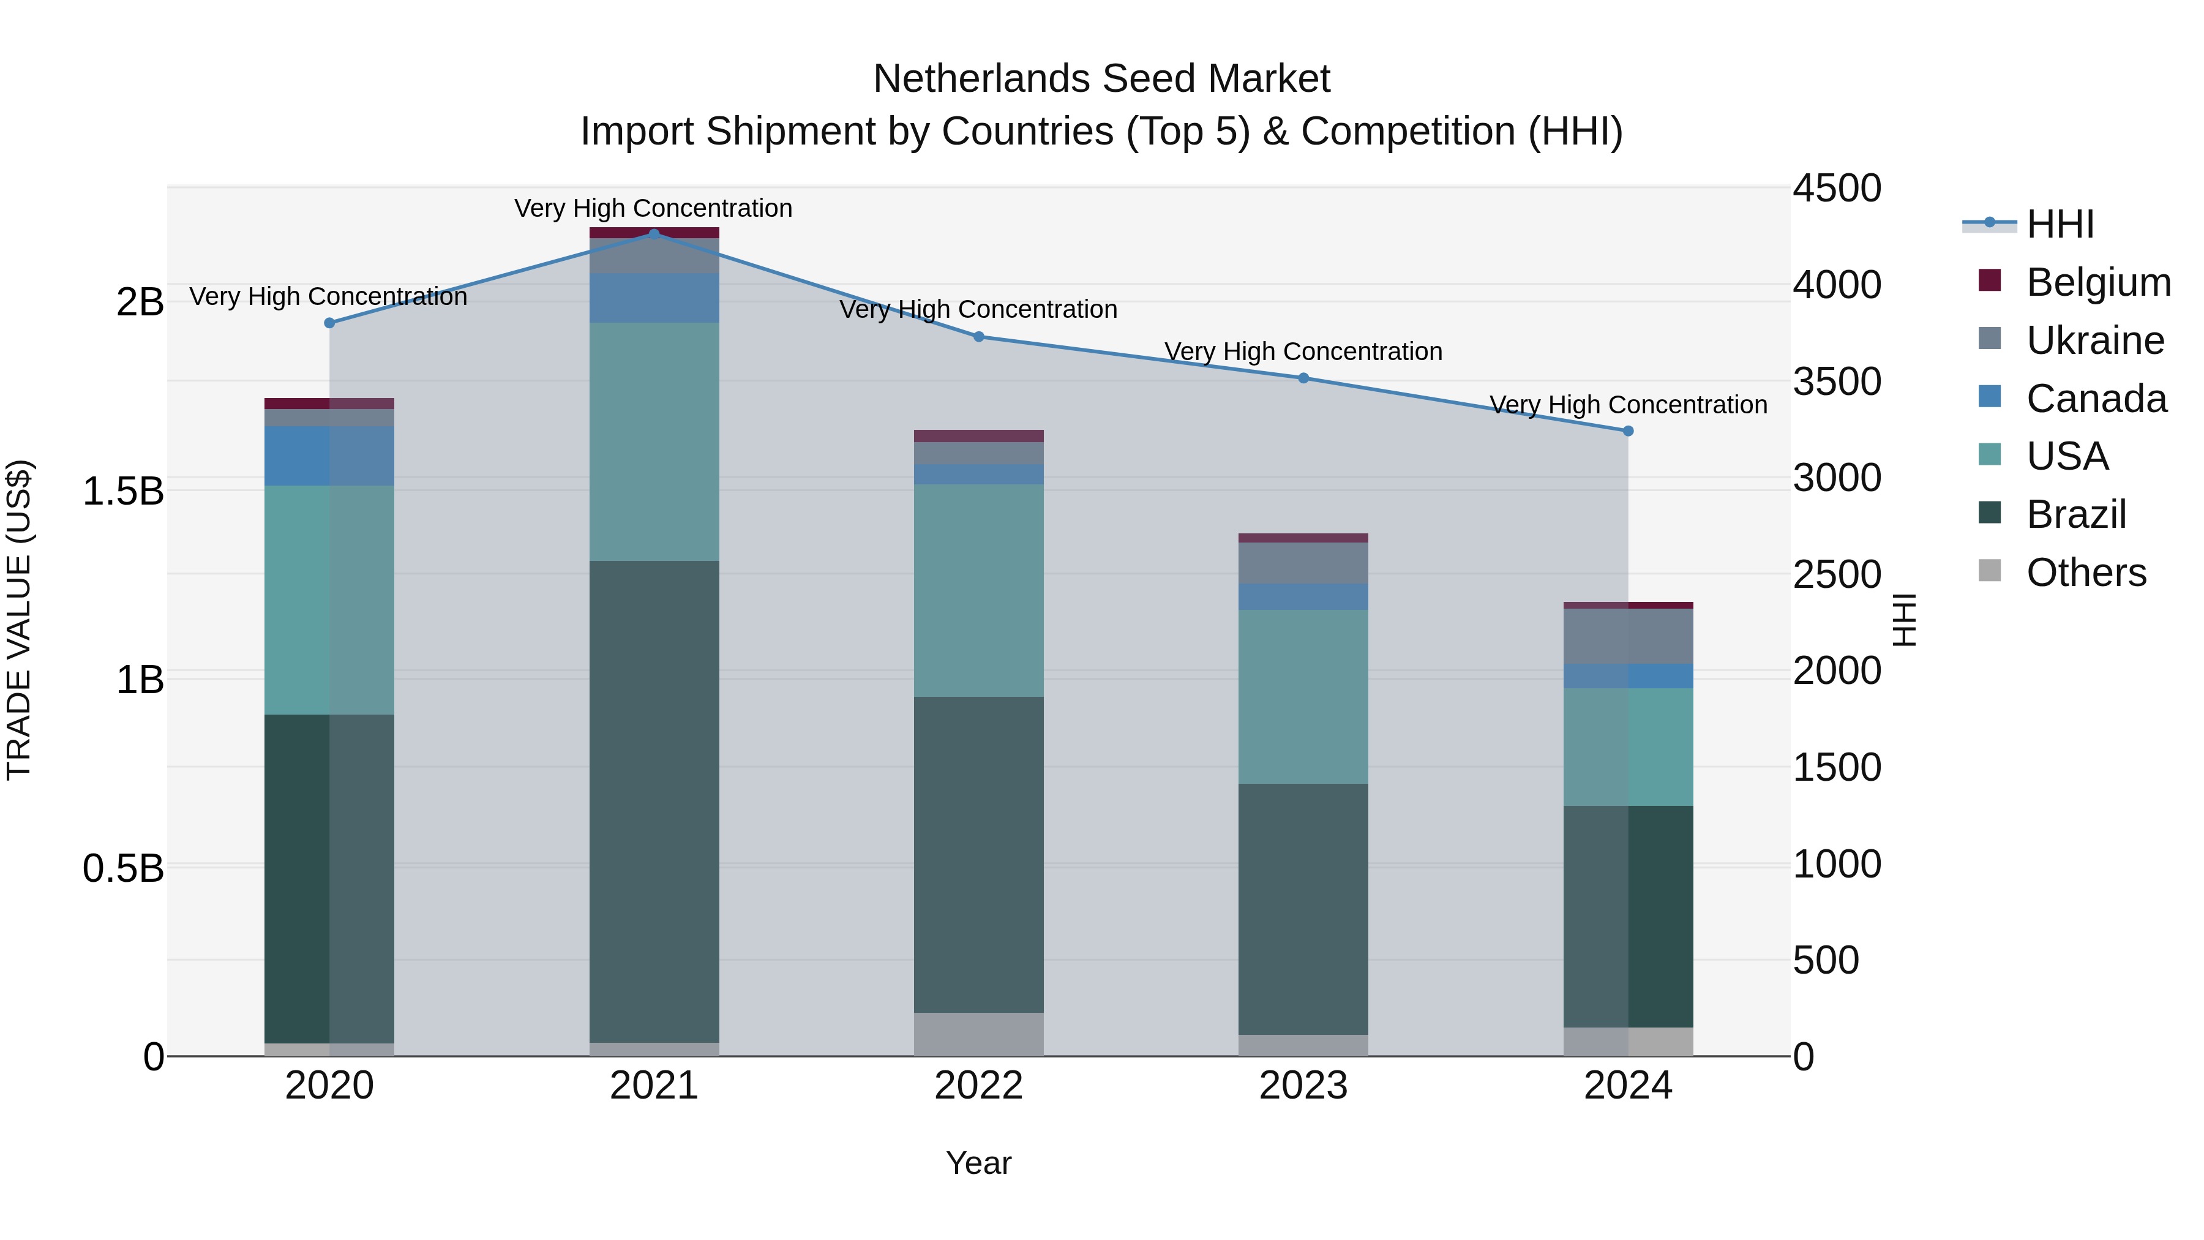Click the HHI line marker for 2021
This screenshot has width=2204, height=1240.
(654, 234)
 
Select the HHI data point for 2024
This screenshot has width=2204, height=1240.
(1628, 431)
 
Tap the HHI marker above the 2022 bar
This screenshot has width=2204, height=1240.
(979, 336)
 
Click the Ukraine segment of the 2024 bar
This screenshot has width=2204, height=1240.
(1628, 636)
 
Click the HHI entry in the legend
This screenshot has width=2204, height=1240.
(2060, 224)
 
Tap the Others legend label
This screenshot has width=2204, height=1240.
(2086, 573)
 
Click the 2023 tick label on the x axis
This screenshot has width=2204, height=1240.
(1303, 1086)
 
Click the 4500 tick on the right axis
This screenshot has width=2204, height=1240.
(1837, 188)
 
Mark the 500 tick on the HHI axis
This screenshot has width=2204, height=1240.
(1826, 960)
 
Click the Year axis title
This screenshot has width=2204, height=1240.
(979, 1163)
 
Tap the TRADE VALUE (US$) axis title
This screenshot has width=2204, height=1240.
(19, 620)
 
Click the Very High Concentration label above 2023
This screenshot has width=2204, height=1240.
(1303, 351)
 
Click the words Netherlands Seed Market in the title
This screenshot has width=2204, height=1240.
(1101, 79)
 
